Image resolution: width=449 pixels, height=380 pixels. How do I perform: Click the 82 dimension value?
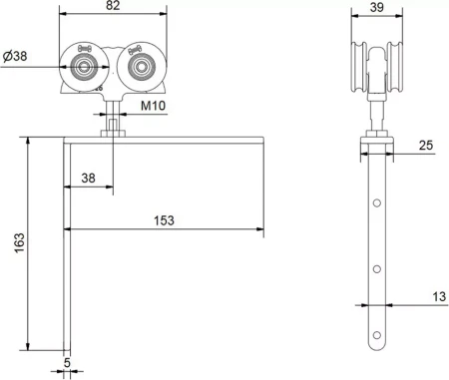point(113,6)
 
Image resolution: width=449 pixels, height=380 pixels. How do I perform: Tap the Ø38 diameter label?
point(15,56)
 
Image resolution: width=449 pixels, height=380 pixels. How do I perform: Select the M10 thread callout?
point(153,106)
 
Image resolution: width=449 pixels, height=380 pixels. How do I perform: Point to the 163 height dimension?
point(19,242)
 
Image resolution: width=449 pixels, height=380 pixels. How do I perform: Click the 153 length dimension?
point(164,220)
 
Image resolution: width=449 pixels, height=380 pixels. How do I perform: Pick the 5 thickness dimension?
point(67,363)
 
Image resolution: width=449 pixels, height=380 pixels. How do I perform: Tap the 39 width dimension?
point(377,7)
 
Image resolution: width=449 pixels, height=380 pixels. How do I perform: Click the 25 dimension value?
point(426,146)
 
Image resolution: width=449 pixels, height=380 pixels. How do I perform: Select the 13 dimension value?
point(439,296)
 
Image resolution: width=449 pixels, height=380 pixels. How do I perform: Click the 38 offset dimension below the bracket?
point(88,179)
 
